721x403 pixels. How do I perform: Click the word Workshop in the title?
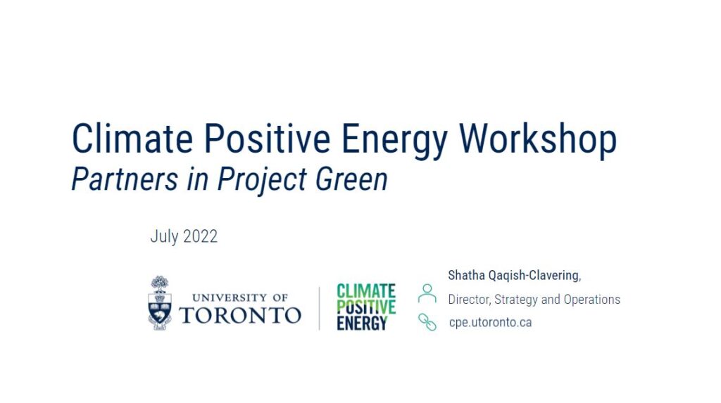point(537,139)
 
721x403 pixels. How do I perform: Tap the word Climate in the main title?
point(132,139)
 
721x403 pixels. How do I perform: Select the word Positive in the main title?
point(267,139)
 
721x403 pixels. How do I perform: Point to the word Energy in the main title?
point(394,141)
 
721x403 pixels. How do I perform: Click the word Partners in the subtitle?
point(125,179)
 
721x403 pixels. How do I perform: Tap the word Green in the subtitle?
point(351,179)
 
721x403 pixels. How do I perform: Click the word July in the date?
point(164,236)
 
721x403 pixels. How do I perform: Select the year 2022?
point(200,236)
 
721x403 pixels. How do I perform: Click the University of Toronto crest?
point(160,303)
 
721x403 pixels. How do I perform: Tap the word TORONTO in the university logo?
point(240,316)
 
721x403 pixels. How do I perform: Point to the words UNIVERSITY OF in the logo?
point(239,298)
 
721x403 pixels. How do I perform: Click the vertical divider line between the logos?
point(319,308)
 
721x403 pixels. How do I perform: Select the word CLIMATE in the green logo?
point(366,291)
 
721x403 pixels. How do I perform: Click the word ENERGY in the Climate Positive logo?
point(362,323)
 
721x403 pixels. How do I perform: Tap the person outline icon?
point(427,293)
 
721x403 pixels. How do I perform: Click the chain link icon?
point(427,322)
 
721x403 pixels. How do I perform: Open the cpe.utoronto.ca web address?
point(490,323)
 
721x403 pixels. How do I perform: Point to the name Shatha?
point(466,275)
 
